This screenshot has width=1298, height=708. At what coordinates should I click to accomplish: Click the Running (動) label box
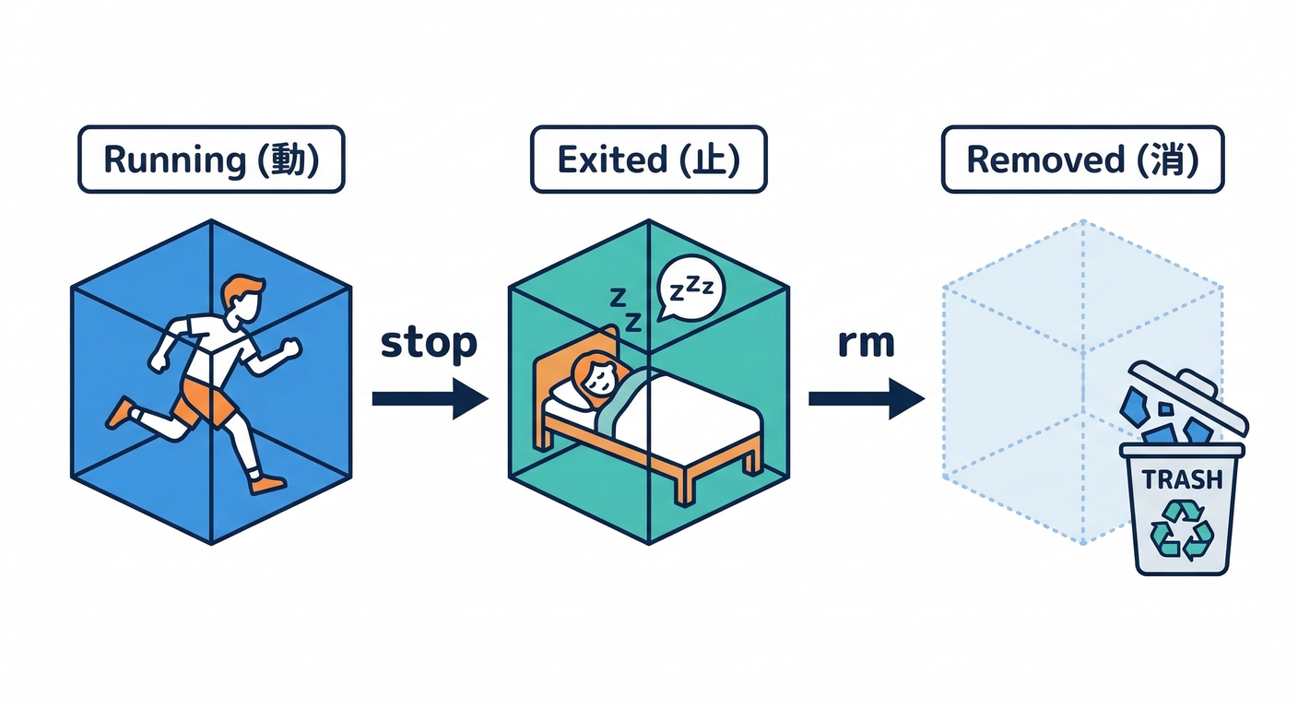click(x=210, y=159)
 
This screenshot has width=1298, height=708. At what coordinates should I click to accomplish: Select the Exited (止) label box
click(x=648, y=159)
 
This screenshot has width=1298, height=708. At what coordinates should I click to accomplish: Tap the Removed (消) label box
click(x=1082, y=159)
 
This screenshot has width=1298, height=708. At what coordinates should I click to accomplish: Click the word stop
click(x=429, y=343)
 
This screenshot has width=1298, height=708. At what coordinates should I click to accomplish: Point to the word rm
click(x=866, y=343)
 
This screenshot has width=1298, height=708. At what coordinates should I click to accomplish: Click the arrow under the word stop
click(x=430, y=398)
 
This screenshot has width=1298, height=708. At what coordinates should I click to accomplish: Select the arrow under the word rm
click(x=866, y=398)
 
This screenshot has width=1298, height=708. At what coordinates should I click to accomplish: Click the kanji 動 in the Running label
click(x=288, y=159)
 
